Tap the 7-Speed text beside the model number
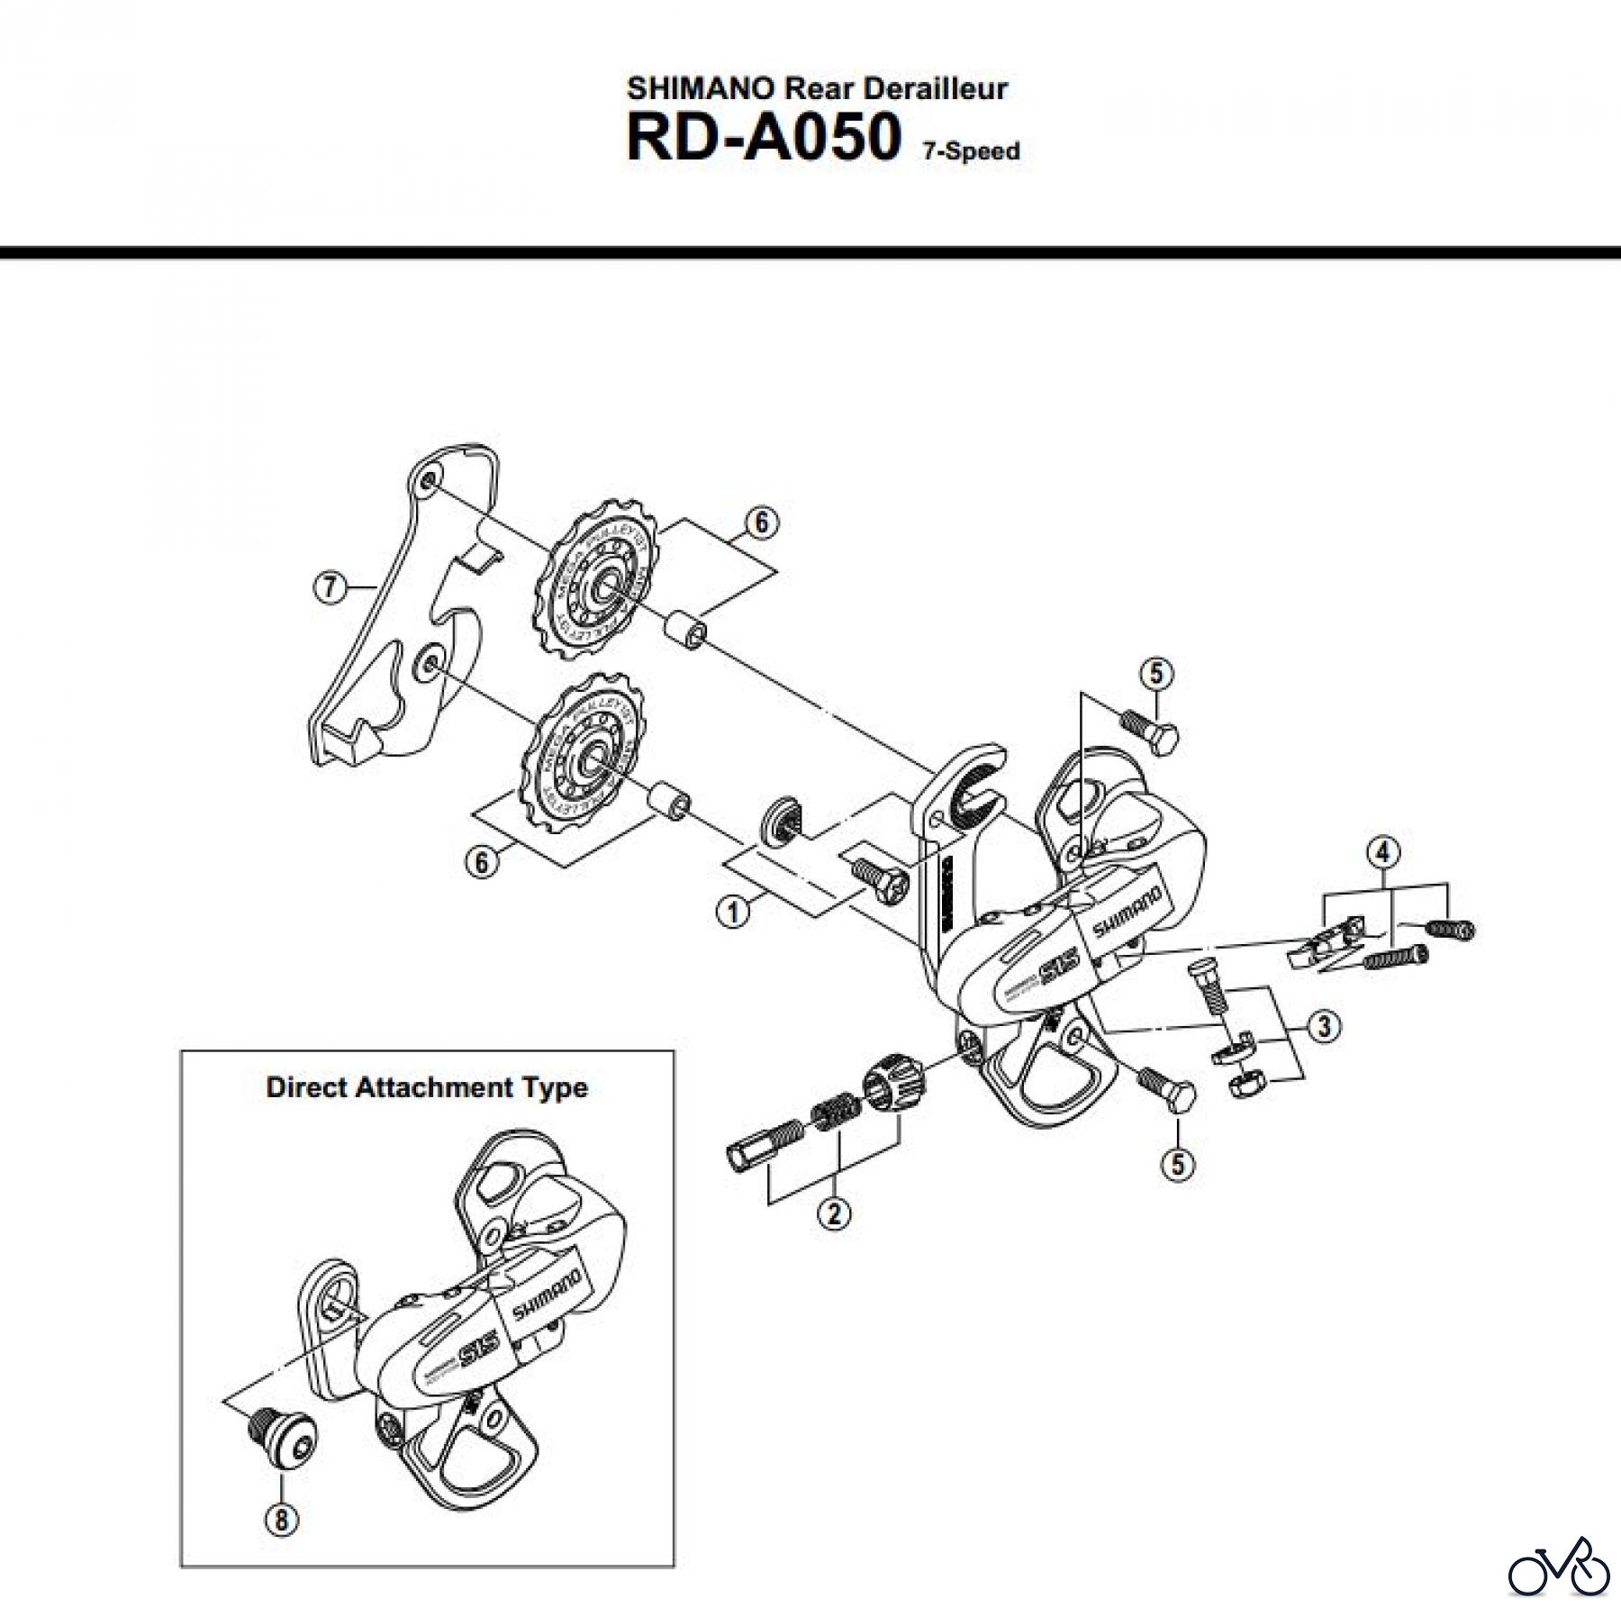[x=970, y=151]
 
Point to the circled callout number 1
[x=733, y=912]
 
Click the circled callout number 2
[x=834, y=1213]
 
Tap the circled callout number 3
[x=1324, y=1026]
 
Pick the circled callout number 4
[x=1384, y=850]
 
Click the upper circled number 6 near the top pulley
[x=761, y=522]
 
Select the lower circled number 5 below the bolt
[x=1178, y=1164]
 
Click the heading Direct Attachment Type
[x=427, y=1087]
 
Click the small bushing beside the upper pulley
[x=686, y=628]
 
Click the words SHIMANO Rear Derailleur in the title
[x=817, y=88]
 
